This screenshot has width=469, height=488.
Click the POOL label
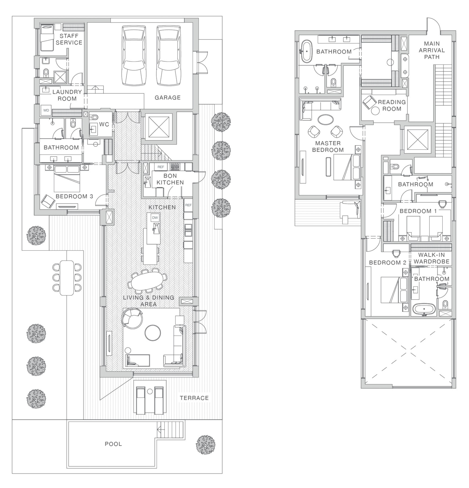click(x=113, y=444)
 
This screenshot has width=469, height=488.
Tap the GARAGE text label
click(x=168, y=97)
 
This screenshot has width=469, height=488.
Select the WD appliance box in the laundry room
click(x=46, y=110)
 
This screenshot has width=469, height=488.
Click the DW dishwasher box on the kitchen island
click(x=155, y=218)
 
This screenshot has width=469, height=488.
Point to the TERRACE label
click(x=194, y=398)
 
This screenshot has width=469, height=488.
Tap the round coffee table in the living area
click(x=153, y=333)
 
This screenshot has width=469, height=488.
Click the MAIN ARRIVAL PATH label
click(x=432, y=50)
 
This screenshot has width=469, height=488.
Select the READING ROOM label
click(x=392, y=105)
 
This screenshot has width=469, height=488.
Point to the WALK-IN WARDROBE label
click(x=432, y=258)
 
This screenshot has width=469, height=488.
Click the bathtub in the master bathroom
click(x=307, y=51)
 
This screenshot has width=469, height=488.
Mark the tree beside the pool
click(x=206, y=445)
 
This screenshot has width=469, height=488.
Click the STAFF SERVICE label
click(x=69, y=39)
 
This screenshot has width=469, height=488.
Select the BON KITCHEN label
click(x=170, y=179)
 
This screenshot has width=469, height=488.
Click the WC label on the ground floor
click(x=104, y=124)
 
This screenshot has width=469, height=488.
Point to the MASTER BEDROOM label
click(x=328, y=147)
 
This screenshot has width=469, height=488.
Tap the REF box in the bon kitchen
click(x=161, y=167)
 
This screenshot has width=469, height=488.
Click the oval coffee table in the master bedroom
click(x=326, y=120)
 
